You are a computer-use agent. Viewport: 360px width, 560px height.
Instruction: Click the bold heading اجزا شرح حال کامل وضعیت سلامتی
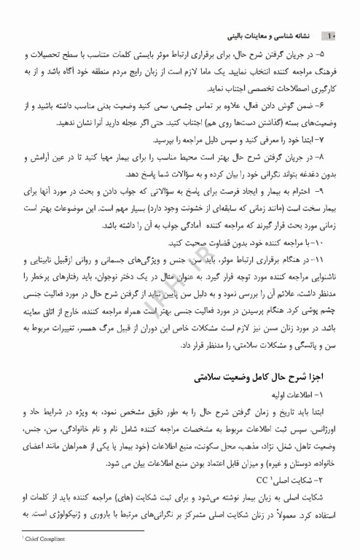click(267, 378)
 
